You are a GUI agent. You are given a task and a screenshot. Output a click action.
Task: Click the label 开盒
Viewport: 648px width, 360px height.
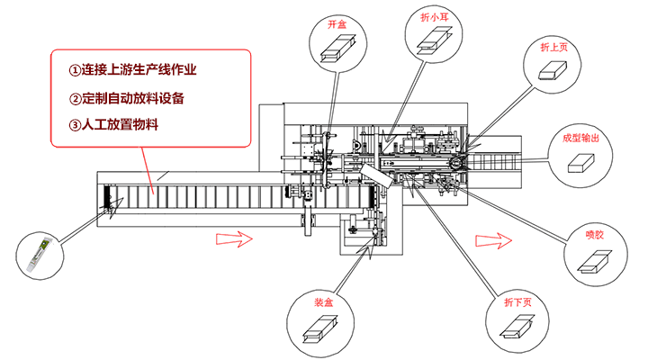[337, 24]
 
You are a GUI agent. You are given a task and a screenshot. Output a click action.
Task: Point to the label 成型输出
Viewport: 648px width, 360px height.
[580, 139]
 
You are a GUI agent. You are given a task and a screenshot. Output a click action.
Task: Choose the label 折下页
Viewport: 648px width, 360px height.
[517, 302]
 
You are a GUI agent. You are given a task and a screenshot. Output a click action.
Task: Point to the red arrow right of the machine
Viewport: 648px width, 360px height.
[494, 239]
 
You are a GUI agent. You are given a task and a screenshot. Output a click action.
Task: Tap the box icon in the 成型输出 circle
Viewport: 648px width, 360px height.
[580, 163]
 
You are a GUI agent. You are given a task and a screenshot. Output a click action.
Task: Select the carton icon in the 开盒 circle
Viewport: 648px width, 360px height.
[338, 48]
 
